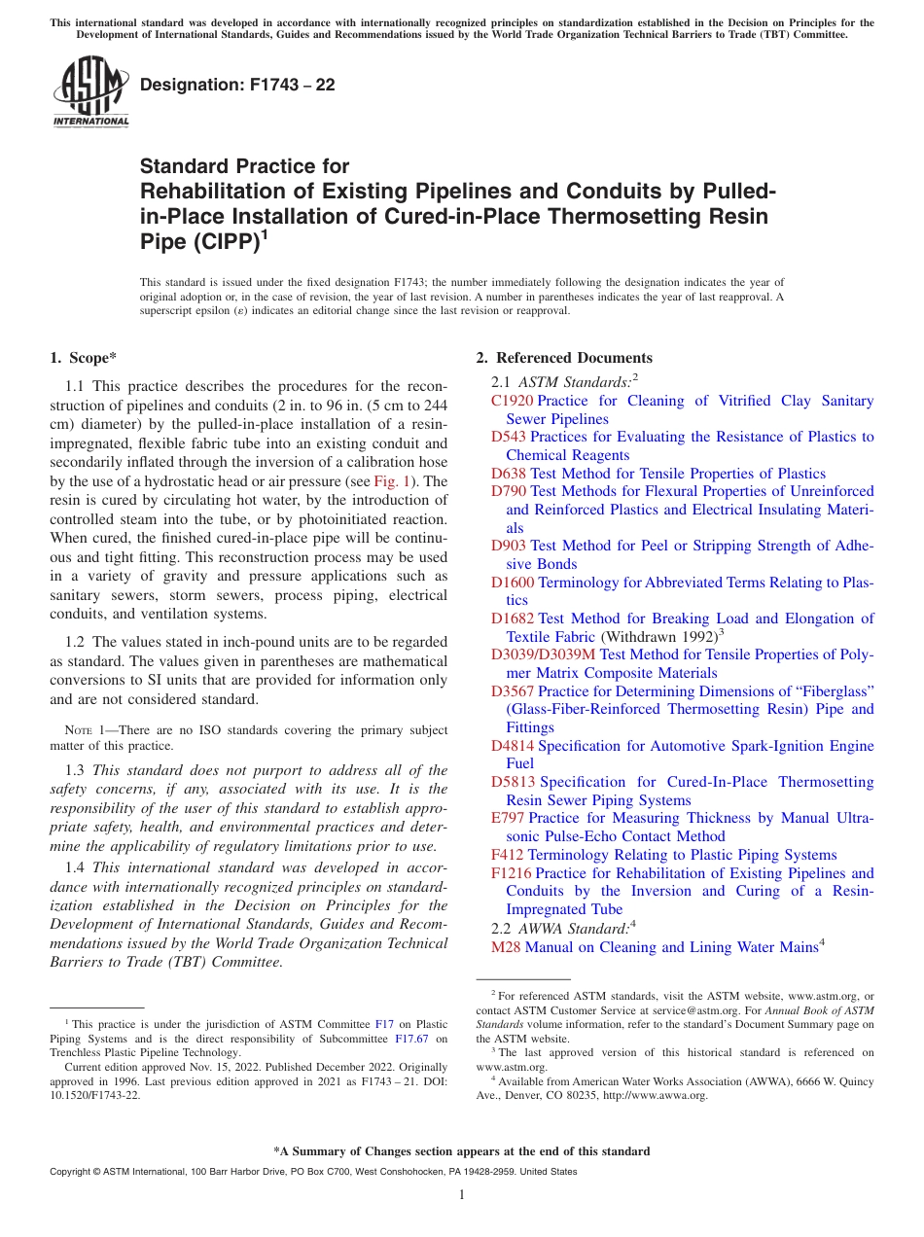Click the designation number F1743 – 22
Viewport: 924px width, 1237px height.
coord(237,86)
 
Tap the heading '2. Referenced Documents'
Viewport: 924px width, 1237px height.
coord(563,358)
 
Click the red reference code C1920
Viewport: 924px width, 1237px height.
coord(512,401)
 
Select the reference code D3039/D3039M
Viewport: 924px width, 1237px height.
coord(544,654)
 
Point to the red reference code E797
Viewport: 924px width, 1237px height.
coord(507,818)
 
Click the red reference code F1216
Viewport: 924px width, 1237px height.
coord(512,873)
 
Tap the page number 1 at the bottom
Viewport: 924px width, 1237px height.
coord(462,1194)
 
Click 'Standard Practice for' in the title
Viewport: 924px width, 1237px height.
coord(244,166)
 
